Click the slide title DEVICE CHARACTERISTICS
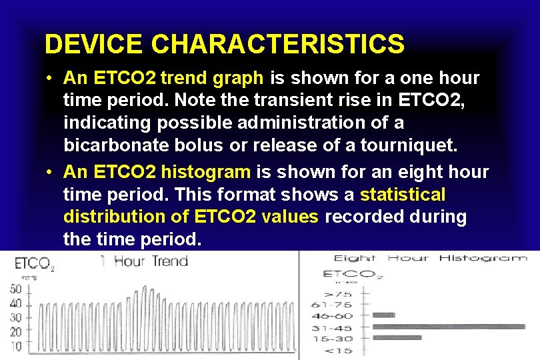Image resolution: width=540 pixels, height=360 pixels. tap(224, 45)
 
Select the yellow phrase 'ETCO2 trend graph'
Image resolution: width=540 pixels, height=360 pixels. tap(164, 78)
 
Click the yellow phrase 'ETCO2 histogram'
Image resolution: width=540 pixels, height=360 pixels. tap(157, 171)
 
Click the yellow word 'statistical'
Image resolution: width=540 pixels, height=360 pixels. tap(403, 195)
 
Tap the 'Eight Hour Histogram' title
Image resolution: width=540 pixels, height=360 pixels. tap(430, 258)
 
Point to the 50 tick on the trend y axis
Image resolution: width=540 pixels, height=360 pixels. tap(15, 289)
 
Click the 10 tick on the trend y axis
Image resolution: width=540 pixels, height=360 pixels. tap(15, 346)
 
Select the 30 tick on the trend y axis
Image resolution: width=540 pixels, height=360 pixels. tap(15, 318)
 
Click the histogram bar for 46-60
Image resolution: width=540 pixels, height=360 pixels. tap(384, 315)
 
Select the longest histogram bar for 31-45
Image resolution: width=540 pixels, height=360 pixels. tap(448, 327)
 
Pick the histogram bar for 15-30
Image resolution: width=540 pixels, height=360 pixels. tap(397, 338)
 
